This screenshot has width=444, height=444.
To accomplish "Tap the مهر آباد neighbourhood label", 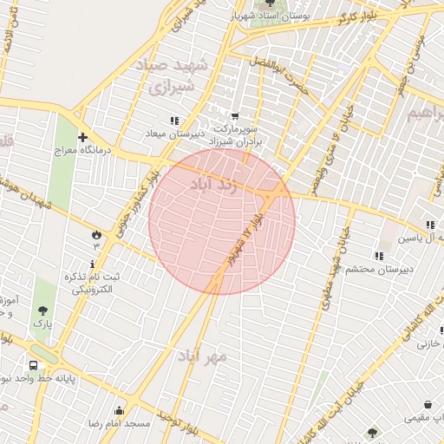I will pyautogui.click(x=201, y=356).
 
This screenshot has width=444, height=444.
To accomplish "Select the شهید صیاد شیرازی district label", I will pyautogui.click(x=166, y=75).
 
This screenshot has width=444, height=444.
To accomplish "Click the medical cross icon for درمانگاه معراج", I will pyautogui.click(x=82, y=136).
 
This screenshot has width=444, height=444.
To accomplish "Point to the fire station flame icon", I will pyautogui.click(x=95, y=234).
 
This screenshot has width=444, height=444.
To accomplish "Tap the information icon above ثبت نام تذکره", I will pyautogui.click(x=93, y=263).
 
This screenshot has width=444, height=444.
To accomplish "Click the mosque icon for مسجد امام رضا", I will pyautogui.click(x=119, y=410).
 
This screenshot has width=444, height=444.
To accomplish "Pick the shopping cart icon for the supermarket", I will pyautogui.click(x=234, y=116).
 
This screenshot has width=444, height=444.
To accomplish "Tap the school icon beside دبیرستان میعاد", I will pyautogui.click(x=174, y=121).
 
